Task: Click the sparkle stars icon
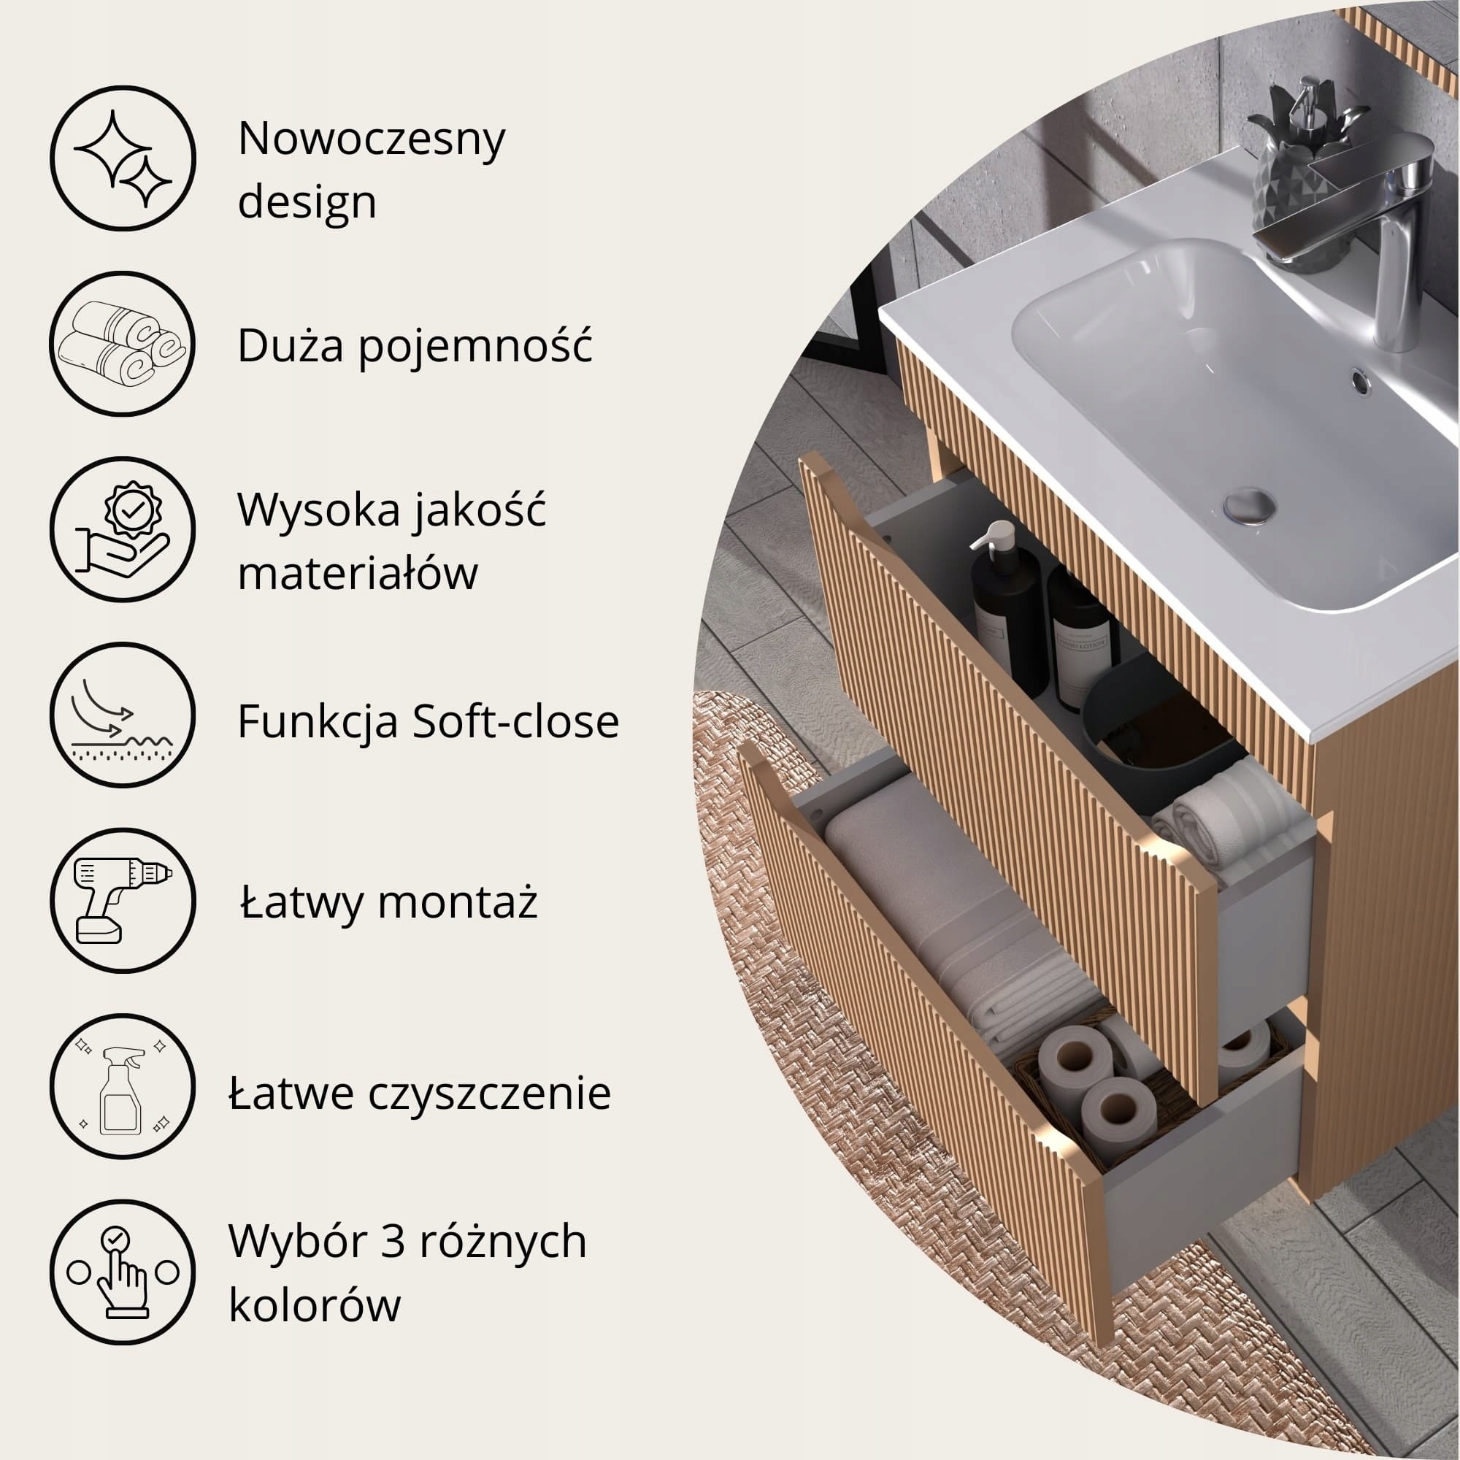123,158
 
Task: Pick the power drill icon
123,899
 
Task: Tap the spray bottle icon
123,1088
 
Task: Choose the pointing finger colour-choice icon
123,1274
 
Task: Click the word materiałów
358,572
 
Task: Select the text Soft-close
515,721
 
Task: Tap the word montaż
457,901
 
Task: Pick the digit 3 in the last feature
393,1241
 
